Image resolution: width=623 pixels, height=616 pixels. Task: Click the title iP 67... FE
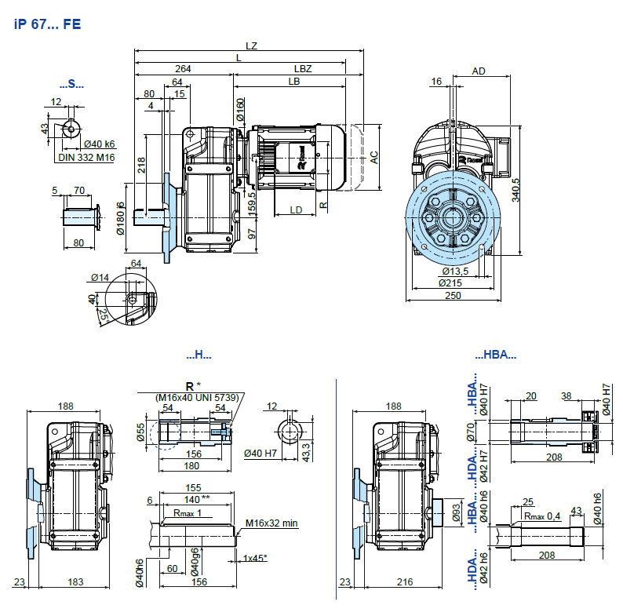coord(47,24)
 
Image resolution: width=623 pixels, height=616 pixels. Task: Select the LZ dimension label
coord(251,46)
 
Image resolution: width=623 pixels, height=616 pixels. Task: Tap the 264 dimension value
coord(183,69)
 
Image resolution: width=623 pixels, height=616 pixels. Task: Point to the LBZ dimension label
coord(303,69)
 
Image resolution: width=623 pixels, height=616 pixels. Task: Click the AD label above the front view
coord(479,71)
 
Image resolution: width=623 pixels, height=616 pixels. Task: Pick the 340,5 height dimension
coord(516,190)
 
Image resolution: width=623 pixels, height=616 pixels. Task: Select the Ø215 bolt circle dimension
coord(450,283)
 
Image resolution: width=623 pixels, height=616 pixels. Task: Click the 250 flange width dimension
coord(453,295)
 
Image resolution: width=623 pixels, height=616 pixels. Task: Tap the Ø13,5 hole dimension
coord(455,272)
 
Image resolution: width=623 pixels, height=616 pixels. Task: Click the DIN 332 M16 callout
coord(86,158)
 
